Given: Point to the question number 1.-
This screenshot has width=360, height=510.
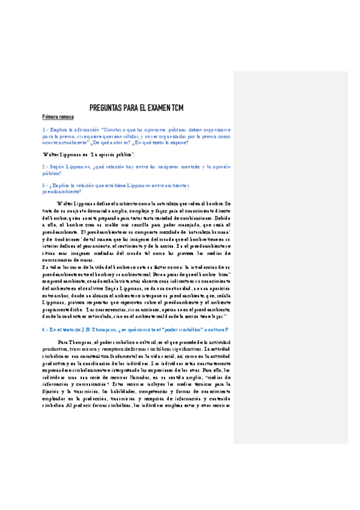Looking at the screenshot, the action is (x=45, y=129).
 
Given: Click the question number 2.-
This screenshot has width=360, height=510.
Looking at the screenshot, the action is (x=45, y=166).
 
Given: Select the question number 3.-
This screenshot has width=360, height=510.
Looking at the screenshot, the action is (x=45, y=185).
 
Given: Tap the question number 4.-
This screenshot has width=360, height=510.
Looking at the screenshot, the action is (x=45, y=330).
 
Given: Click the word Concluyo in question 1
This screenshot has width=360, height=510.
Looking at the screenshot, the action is (x=114, y=129).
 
